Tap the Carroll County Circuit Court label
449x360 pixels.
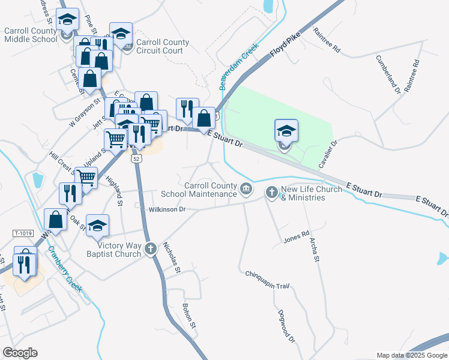[x=163, y=47]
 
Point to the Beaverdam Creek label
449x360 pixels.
[x=238, y=67]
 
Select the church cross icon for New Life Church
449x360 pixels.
[x=271, y=193]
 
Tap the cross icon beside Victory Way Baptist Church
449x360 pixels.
[x=151, y=249]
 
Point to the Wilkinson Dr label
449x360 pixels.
[x=166, y=209]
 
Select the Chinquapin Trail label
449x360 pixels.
[x=268, y=280]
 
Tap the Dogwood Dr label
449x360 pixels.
[x=287, y=326]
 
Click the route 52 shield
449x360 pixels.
[x=137, y=159]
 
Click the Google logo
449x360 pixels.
[x=20, y=352]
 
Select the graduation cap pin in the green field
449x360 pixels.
[x=286, y=131]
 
